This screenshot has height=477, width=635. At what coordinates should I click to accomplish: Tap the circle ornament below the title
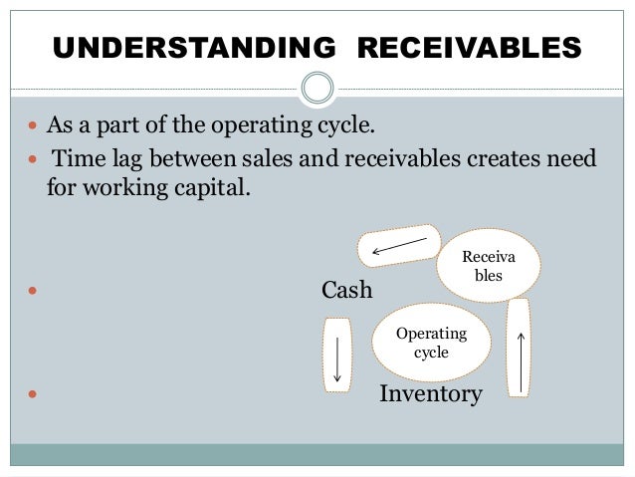317,88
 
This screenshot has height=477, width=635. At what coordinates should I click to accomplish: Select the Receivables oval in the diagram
489,262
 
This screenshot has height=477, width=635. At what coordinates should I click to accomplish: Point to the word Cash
346,290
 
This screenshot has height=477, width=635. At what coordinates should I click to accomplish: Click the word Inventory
430,395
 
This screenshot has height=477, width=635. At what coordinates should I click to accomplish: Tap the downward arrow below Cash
337,356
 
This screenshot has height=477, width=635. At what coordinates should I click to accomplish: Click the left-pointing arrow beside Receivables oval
399,242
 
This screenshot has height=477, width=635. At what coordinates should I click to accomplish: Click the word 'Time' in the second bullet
77,160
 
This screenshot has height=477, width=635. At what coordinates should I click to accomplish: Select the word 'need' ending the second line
570,160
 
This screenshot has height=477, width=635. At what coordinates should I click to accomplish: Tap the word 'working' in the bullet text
122,187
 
